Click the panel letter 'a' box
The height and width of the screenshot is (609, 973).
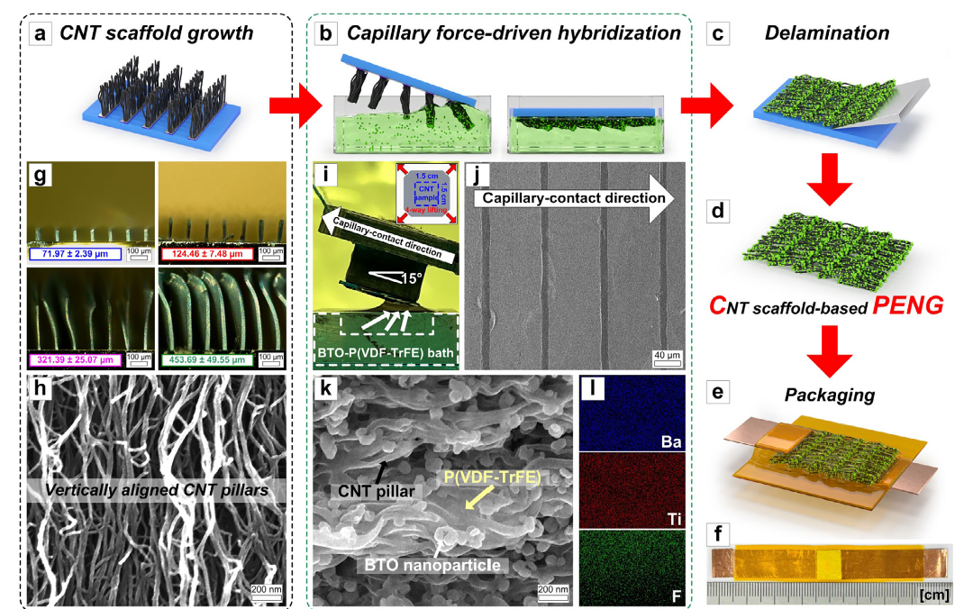click(x=41, y=34)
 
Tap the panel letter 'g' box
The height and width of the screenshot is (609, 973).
click(x=41, y=176)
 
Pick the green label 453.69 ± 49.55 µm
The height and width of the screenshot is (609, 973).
click(x=207, y=359)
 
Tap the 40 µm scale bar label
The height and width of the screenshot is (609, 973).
click(x=666, y=356)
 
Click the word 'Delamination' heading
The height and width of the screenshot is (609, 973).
click(x=826, y=34)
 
